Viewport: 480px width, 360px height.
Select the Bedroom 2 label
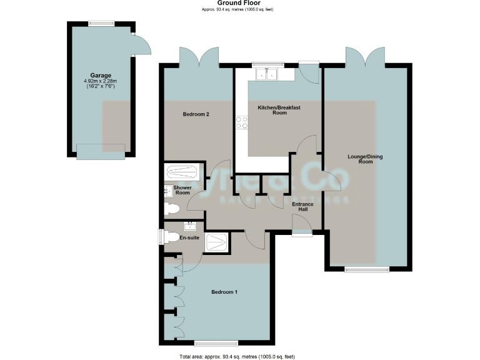pos(196,114)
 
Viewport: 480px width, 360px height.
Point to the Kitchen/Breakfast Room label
pos(279,111)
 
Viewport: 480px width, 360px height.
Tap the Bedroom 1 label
pos(224,292)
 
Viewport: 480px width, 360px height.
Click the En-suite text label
pos(189,238)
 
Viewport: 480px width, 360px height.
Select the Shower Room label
pos(182,190)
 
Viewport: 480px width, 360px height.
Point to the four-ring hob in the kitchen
pos(241,123)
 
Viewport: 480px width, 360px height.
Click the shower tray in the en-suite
pos(217,242)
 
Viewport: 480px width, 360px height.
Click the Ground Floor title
pos(239,3)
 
